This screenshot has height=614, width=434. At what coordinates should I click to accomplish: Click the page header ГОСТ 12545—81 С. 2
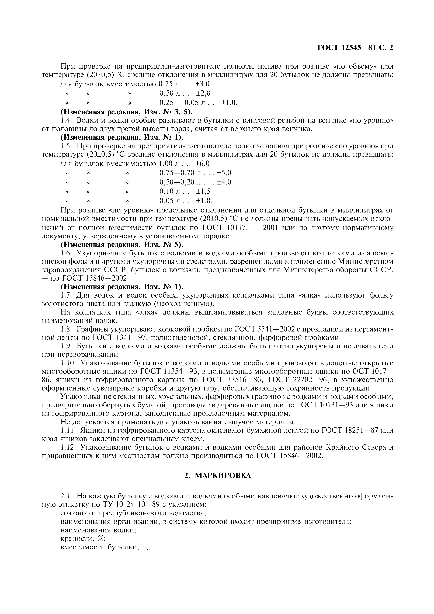pos(355,48)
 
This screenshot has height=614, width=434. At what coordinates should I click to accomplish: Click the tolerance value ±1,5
pos(203,191)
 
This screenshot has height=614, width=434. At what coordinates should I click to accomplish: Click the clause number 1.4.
pos(67,120)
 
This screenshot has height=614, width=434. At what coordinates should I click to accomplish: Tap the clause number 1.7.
pos(67,295)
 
